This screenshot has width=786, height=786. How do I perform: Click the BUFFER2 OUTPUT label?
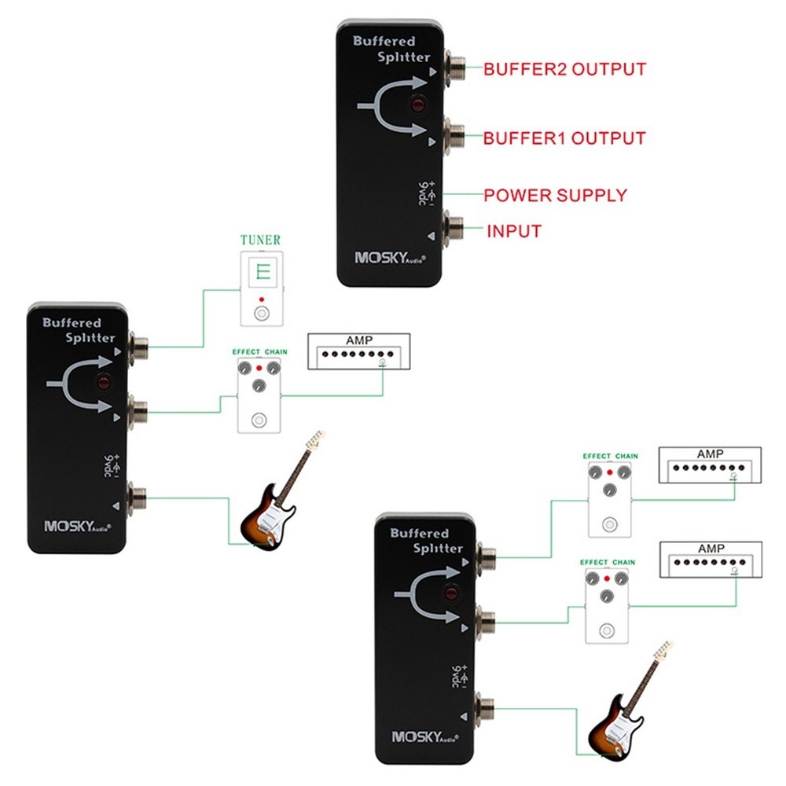click(564, 69)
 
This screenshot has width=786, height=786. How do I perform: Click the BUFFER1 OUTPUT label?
click(564, 138)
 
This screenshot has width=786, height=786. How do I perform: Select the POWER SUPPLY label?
click(555, 195)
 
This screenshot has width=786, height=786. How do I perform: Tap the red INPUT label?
click(514, 231)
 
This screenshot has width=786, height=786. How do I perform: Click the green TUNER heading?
click(260, 240)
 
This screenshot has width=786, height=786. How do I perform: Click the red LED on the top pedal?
click(417, 105)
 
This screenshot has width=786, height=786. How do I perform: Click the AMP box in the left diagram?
click(359, 351)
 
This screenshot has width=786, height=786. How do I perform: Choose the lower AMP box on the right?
click(710, 559)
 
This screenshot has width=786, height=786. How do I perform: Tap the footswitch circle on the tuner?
click(260, 315)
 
